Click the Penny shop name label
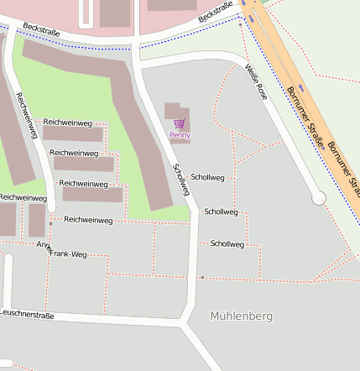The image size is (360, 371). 180,134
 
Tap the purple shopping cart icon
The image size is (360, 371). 178,123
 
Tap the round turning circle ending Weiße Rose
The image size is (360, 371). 318,198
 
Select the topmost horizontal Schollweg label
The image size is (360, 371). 207,178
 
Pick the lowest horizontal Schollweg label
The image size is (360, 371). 227,244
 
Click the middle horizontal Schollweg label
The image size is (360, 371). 221,212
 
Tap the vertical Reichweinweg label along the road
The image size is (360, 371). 27,116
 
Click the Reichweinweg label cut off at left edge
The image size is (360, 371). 23,197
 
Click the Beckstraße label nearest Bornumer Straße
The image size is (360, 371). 216,12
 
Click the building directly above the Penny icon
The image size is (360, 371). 173,110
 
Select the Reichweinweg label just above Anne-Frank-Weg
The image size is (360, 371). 88,220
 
